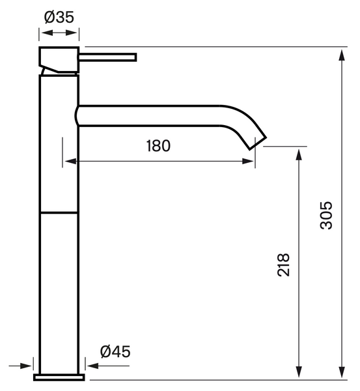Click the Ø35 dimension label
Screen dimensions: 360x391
coord(59,17)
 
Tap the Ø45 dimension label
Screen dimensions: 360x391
coord(115,352)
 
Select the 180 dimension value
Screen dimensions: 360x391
coord(158,146)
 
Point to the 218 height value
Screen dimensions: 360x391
coord(284,265)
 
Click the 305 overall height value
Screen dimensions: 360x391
coord(326,215)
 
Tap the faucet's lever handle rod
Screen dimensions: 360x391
coord(107,57)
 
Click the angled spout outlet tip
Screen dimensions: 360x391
coord(258,143)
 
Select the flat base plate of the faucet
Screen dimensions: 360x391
coord(59,377)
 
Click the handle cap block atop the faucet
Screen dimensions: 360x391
coord(59,59)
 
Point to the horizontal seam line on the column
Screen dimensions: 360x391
coord(59,212)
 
